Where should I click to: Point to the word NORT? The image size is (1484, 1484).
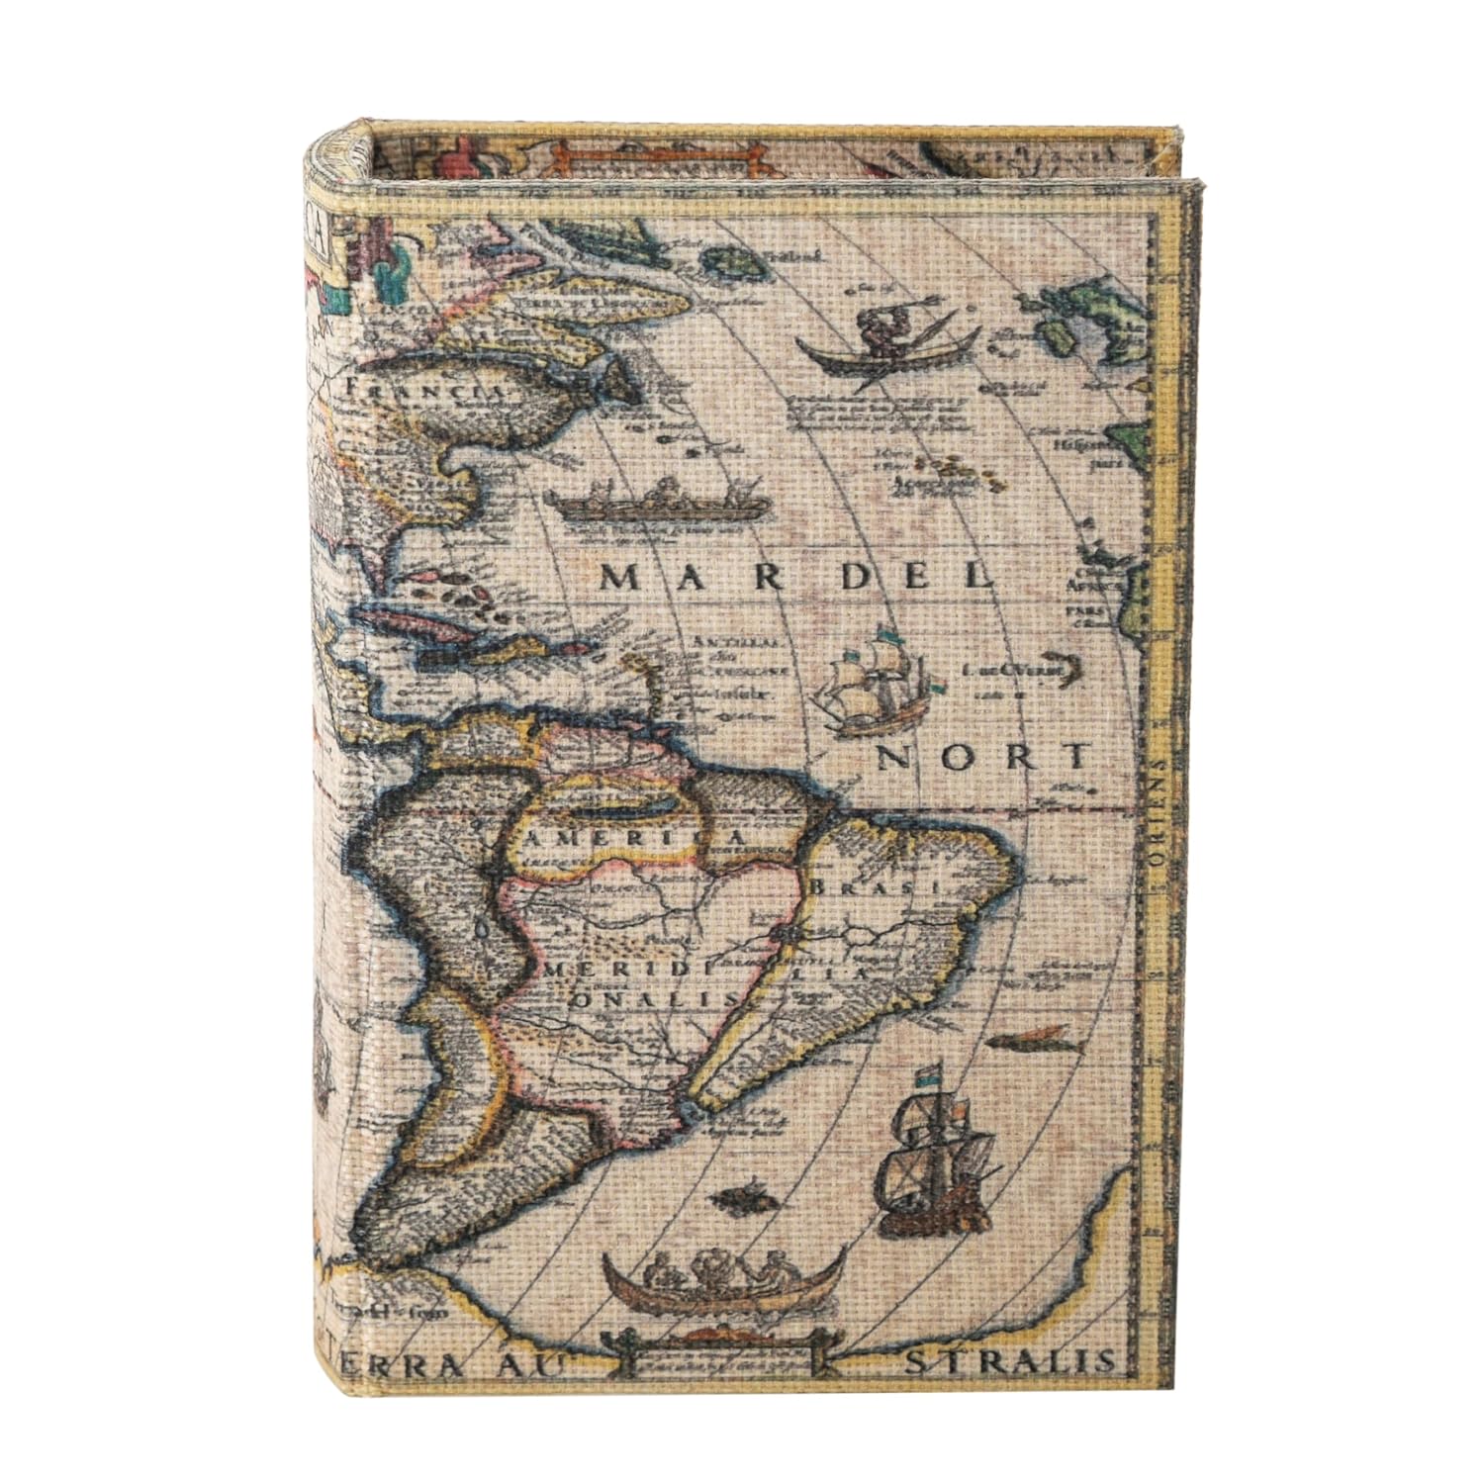(x=983, y=759)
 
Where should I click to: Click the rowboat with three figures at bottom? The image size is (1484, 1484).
(x=722, y=1276)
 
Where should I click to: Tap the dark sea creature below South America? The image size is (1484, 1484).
(x=742, y=1199)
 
